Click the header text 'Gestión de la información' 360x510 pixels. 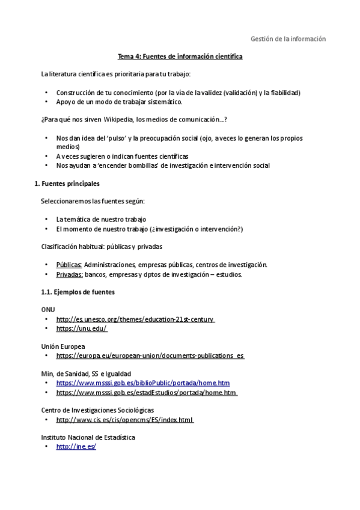coord(288,39)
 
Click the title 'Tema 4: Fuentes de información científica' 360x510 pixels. coord(180,57)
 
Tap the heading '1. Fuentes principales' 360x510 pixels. coord(68,183)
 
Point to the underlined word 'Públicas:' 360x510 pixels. coord(69,265)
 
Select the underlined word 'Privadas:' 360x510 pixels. coord(69,275)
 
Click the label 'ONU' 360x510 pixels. coord(47,309)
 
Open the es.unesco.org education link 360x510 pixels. coord(135,319)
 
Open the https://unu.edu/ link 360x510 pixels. coord(81,328)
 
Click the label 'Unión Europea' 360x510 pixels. coord(63,346)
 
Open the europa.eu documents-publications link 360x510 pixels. coord(150,356)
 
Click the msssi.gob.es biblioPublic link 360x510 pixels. coord(142,383)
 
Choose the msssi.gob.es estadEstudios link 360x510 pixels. coord(146,393)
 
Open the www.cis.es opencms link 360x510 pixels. coord(124,420)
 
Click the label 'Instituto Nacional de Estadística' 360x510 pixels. coord(88,437)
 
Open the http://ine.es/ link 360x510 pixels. coord(76,447)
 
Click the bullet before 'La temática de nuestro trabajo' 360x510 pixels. coord(46,220)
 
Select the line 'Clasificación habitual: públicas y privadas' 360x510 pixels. coord(102,247)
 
